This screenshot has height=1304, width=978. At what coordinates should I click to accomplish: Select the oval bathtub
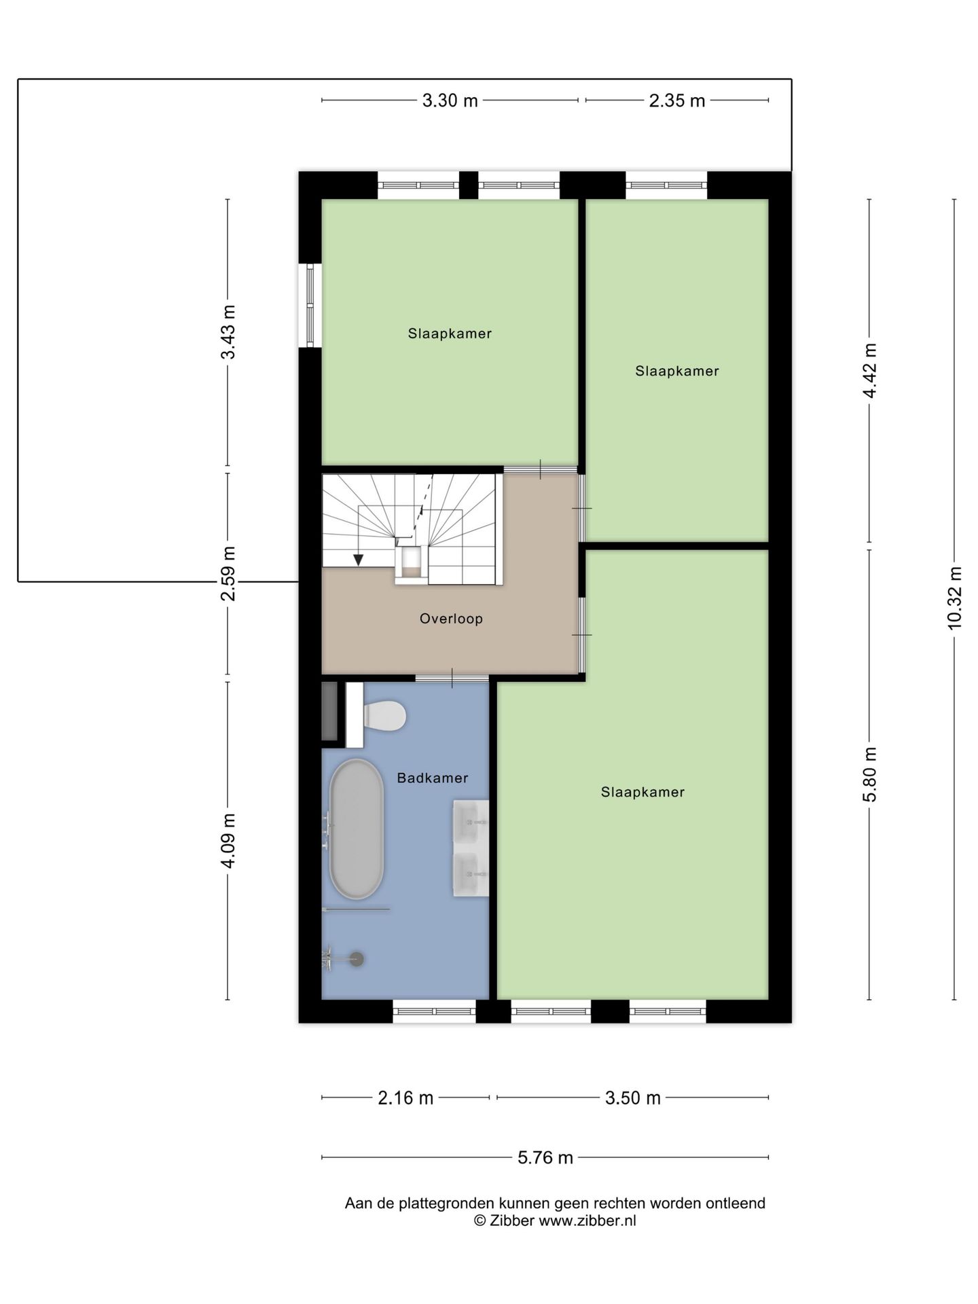pos(357,829)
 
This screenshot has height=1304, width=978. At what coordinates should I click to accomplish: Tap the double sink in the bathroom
pos(471,848)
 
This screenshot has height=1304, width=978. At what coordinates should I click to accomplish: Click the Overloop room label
pos(451,619)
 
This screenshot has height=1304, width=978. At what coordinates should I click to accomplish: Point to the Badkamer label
pos(433,778)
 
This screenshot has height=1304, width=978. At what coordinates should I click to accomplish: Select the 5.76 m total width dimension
pos(545,1157)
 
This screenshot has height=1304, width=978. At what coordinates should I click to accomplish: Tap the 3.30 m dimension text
pos(450,101)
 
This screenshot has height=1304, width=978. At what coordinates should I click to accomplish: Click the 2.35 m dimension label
pos(677,101)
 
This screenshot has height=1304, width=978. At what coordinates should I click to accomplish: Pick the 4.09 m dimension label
pos(228,840)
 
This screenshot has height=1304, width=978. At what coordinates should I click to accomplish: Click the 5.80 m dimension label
pos(870,774)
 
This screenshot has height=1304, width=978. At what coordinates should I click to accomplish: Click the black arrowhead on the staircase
pos(358,560)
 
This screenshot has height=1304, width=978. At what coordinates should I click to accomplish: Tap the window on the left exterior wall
pos(310,305)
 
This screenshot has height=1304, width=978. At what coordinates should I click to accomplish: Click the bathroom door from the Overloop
pos(452,678)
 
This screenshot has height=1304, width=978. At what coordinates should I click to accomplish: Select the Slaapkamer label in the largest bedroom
pos(642,792)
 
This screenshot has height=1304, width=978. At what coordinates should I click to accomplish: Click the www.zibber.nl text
pos(587,1220)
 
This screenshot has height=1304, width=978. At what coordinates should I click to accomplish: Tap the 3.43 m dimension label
pos(228,332)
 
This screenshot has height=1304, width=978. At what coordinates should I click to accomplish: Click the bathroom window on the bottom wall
pos(435,1011)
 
